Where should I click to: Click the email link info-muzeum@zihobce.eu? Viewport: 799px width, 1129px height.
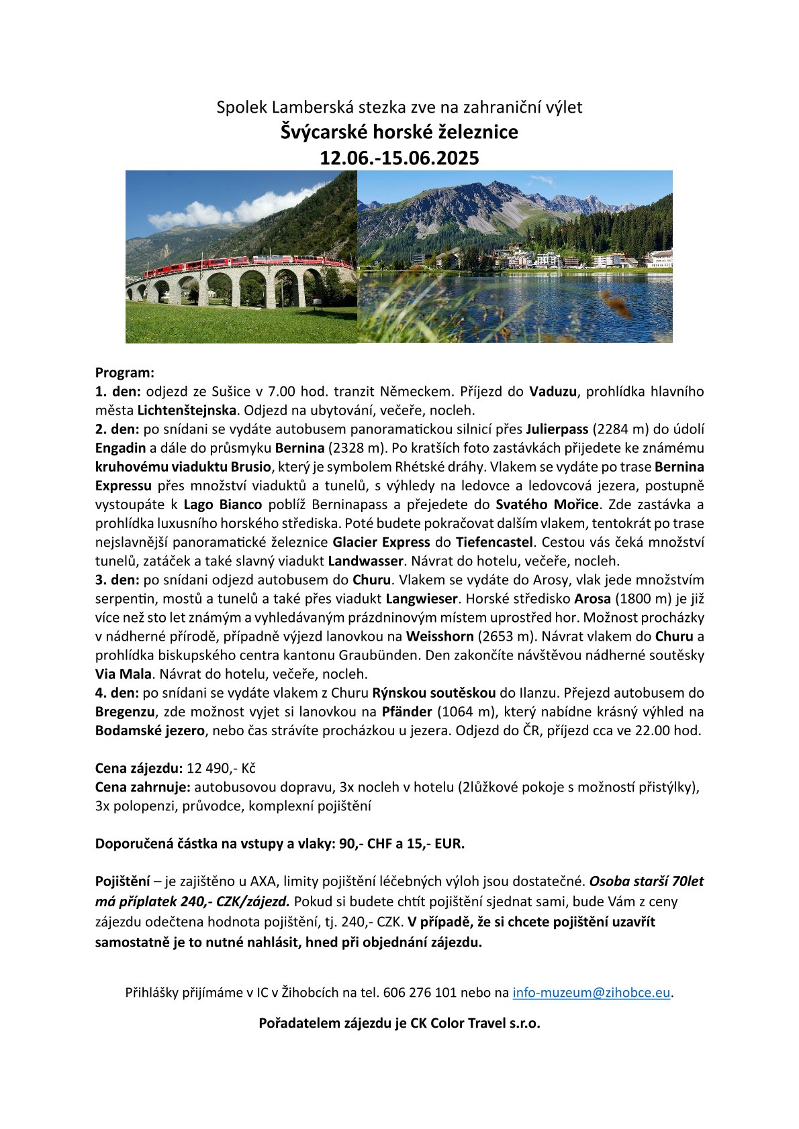point(591,992)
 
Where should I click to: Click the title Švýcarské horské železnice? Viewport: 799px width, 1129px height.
point(399,131)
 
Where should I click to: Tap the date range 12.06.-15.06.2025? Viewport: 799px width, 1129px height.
point(399,158)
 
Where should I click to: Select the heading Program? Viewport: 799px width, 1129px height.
point(125,372)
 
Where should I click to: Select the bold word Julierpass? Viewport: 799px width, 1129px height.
point(557,429)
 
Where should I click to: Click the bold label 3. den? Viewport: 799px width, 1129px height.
point(117,580)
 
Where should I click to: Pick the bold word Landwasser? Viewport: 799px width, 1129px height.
point(366,561)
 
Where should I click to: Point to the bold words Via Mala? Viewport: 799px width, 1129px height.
point(124,674)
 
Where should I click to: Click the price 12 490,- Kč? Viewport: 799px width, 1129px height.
point(221,768)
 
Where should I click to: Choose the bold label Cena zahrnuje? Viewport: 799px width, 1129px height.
point(143,787)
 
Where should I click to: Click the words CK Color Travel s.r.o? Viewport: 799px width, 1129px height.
point(475,1023)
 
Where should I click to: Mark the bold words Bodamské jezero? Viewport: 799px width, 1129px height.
point(150,731)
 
